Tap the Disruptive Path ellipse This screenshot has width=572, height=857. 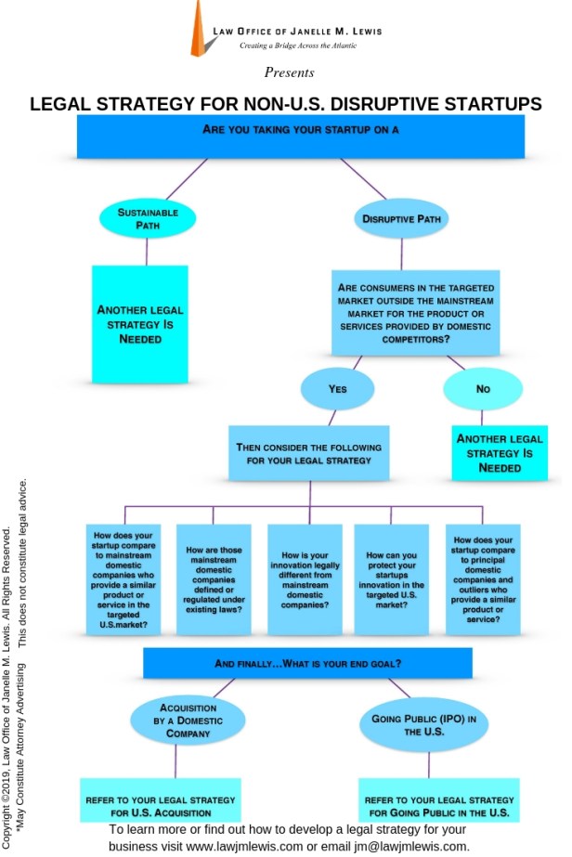pos(401,220)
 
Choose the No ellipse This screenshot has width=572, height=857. pos(483,389)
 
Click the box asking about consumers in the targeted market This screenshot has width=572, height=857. pos(415,313)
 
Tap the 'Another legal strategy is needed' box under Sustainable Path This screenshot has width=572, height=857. pos(140,325)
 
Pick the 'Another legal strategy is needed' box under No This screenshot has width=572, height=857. pos(500,453)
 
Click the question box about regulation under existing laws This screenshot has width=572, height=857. pos(214,578)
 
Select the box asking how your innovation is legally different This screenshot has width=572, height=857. pos(305,578)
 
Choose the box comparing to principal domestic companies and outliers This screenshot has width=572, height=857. pos(483,578)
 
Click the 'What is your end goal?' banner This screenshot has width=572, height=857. pos(307,663)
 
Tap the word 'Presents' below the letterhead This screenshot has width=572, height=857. pos(289,72)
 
